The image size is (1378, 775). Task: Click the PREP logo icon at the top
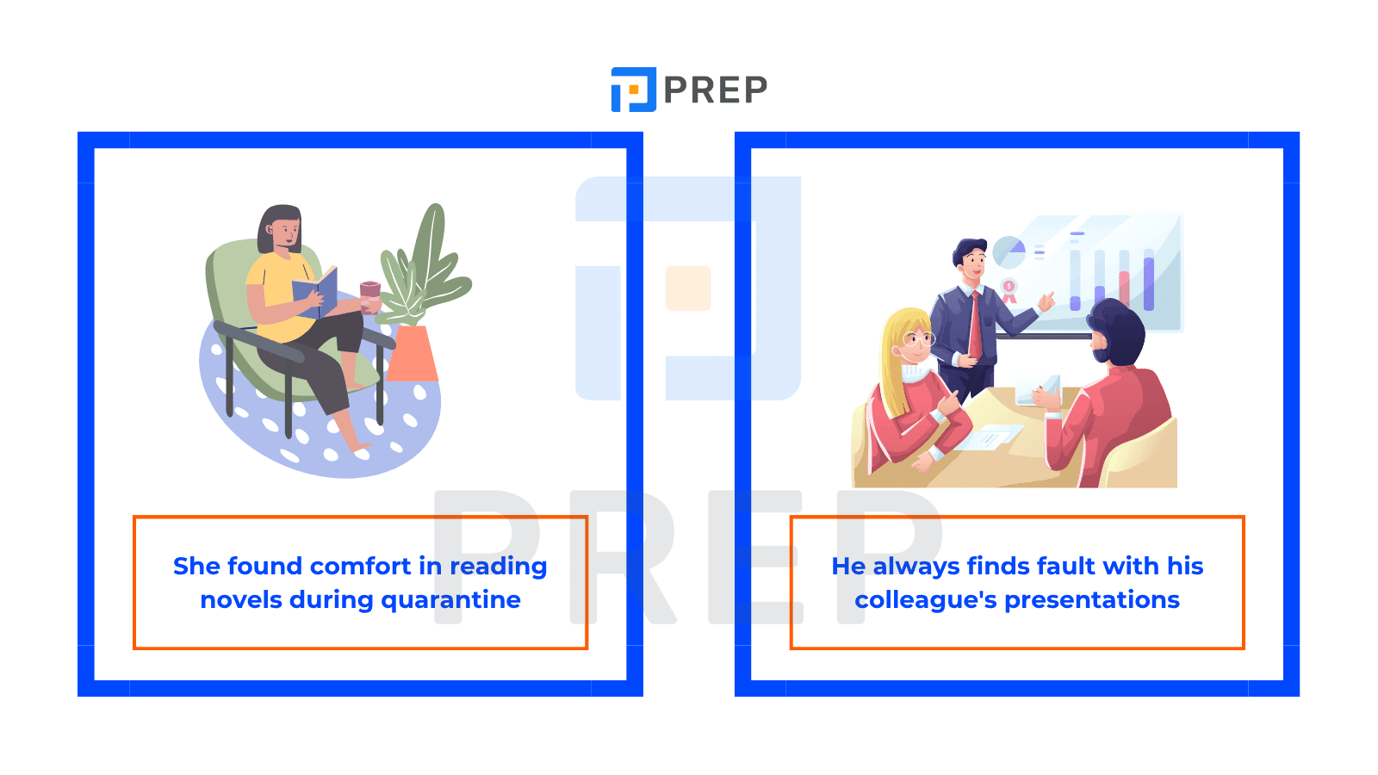pyautogui.click(x=633, y=90)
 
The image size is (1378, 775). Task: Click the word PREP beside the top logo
pyautogui.click(x=716, y=90)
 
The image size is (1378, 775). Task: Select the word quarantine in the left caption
pyautogui.click(x=451, y=600)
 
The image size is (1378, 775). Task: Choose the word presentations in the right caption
pyautogui.click(x=1092, y=600)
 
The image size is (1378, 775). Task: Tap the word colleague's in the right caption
pyautogui.click(x=926, y=600)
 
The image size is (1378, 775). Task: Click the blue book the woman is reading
pyautogui.click(x=315, y=292)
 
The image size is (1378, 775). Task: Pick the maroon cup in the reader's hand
pyautogui.click(x=369, y=297)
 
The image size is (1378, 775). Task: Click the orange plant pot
pyautogui.click(x=413, y=353)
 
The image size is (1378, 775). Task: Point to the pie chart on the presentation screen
pyautogui.click(x=1009, y=252)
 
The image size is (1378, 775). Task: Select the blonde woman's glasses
pyautogui.click(x=918, y=338)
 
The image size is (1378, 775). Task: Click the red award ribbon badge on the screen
pyautogui.click(x=1009, y=290)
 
